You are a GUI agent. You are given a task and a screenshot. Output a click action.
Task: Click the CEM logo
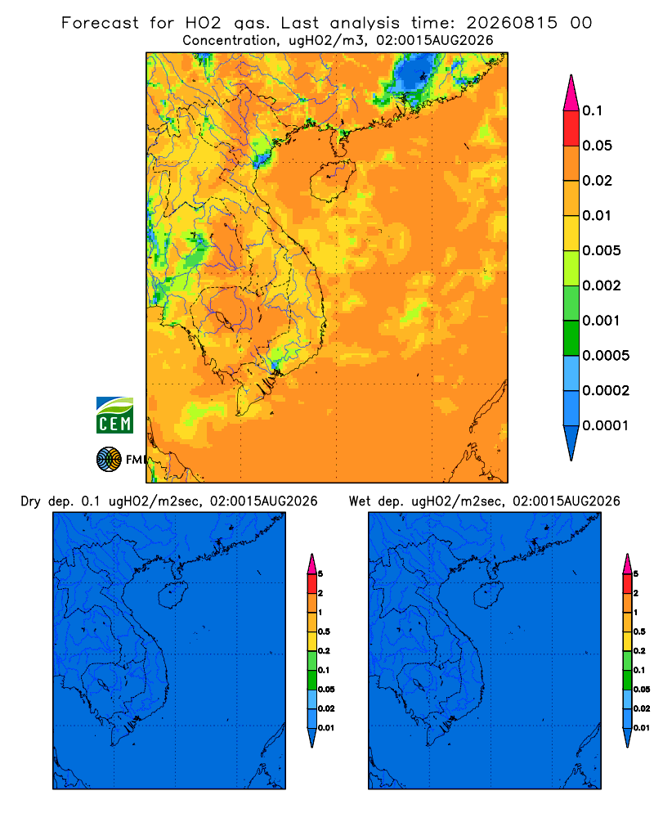[114, 415]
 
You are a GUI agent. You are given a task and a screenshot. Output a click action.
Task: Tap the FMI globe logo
[109, 459]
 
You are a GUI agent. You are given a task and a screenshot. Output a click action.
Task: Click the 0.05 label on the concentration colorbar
[597, 146]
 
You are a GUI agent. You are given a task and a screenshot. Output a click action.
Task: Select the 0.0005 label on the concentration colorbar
[606, 356]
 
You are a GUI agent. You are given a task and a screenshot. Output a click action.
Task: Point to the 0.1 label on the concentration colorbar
[593, 110]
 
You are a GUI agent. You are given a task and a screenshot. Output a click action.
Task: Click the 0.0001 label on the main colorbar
[606, 425]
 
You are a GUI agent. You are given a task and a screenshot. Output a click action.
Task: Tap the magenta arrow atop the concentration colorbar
[571, 92]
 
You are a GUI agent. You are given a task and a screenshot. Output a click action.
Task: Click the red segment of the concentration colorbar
[571, 128]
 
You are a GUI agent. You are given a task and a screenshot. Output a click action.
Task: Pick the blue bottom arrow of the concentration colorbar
[571, 443]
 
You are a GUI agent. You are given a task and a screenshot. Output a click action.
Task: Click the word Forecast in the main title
[100, 23]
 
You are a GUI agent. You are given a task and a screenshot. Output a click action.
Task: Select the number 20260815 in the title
[512, 23]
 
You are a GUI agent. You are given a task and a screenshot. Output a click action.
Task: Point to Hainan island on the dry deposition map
[173, 596]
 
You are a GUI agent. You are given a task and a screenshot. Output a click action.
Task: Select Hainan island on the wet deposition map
[489, 596]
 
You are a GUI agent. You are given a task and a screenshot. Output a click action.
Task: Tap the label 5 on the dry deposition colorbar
[320, 574]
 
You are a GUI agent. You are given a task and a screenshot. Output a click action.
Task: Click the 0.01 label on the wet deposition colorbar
[642, 728]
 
